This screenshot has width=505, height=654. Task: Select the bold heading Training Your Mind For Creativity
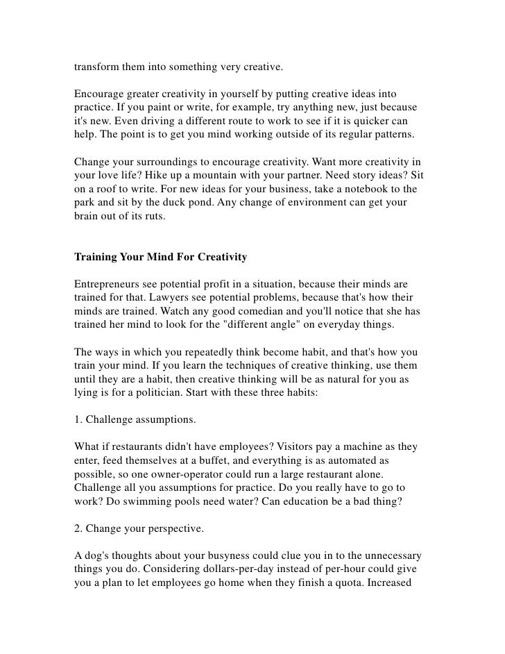(160, 257)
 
